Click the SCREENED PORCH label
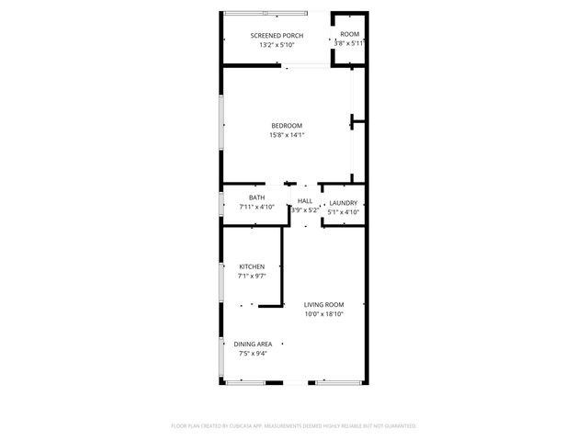[x=277, y=36]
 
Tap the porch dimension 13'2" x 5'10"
[x=277, y=44]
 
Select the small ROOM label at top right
[x=349, y=35]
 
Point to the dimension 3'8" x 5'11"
[x=349, y=43]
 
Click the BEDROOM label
[x=286, y=126]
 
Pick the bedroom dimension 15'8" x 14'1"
[x=286, y=135]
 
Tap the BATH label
[x=256, y=198]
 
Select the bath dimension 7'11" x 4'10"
[x=256, y=207]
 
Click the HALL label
[x=305, y=201]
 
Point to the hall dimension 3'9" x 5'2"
[x=305, y=210]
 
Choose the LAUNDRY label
[x=343, y=203]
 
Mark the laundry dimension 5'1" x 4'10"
[x=343, y=212]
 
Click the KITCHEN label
[x=252, y=267]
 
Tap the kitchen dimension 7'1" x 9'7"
[x=252, y=276]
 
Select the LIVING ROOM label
[x=324, y=305]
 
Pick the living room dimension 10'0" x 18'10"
[x=324, y=314]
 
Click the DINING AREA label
[x=252, y=345]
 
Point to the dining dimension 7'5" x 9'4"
[x=252, y=353]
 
